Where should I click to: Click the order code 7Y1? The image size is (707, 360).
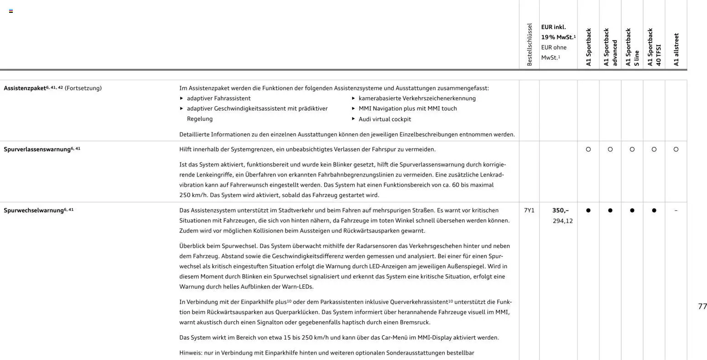(x=529, y=210)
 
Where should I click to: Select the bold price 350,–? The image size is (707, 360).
(x=561, y=210)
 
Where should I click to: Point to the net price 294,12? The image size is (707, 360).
(x=562, y=221)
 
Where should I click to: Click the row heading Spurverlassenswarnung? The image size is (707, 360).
(x=37, y=149)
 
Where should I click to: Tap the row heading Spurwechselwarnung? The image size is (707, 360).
(x=33, y=210)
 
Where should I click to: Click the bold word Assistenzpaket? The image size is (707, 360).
(x=25, y=88)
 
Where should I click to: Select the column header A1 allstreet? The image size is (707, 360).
(x=676, y=49)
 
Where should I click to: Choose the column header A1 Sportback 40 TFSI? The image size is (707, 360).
(x=654, y=47)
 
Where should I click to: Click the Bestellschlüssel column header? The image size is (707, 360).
(x=529, y=44)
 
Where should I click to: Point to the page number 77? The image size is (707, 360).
(x=702, y=306)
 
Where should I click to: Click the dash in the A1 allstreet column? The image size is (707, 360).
(x=676, y=210)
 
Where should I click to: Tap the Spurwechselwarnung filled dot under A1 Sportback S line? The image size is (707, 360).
(x=632, y=210)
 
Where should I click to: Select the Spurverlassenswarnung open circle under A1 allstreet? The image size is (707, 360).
(x=676, y=149)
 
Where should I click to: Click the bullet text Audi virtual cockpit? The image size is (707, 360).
(x=385, y=119)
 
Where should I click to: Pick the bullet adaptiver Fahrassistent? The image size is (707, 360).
(x=218, y=98)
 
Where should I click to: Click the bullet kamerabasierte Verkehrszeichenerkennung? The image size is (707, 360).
(x=417, y=98)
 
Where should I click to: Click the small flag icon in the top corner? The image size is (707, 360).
(x=11, y=11)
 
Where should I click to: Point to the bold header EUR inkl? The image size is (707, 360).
(x=553, y=27)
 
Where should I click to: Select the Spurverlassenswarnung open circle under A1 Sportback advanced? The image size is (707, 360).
(x=610, y=149)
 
